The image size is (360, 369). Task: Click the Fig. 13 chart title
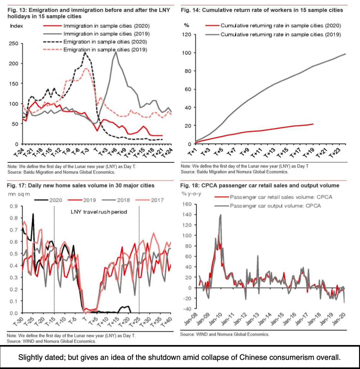tap(89, 13)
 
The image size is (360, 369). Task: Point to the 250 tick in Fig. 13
tap(14, 43)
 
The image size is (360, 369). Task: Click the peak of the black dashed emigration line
tap(85, 53)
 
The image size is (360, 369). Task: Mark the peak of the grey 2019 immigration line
tap(116, 52)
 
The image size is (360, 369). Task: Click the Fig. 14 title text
tap(262, 10)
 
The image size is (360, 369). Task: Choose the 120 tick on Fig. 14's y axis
tap(186, 35)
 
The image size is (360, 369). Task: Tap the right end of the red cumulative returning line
tap(313, 124)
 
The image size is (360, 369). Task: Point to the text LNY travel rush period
tap(99, 212)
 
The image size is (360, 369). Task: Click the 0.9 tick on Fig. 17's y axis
tap(14, 206)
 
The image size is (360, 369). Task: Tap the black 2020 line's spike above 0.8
tap(33, 214)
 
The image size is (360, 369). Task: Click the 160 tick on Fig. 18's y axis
tap(187, 204)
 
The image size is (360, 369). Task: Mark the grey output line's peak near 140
tap(221, 215)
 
